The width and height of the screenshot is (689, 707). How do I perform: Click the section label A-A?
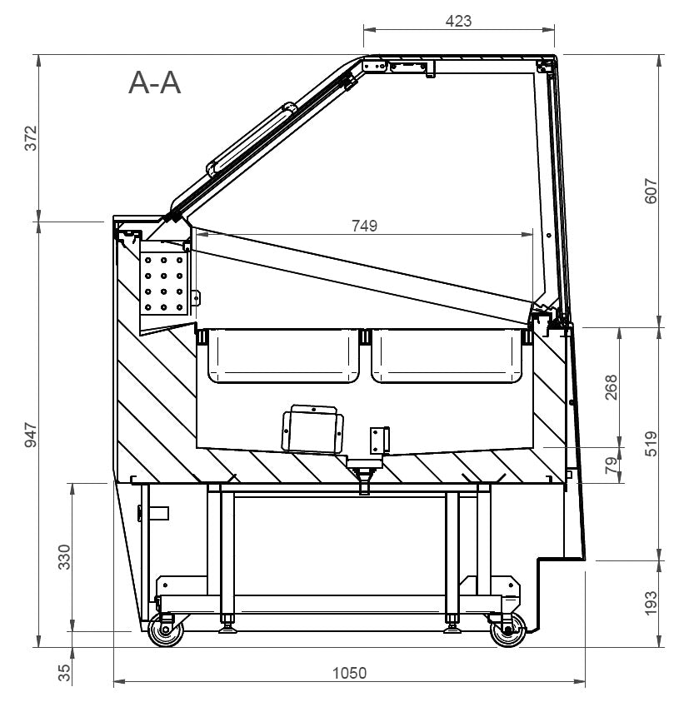point(154,83)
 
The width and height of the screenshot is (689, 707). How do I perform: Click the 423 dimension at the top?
point(458,21)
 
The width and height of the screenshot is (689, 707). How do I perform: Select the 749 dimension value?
point(365,226)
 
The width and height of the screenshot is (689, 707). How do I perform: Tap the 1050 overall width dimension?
point(349,673)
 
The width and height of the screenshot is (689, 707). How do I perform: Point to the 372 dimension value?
point(31,138)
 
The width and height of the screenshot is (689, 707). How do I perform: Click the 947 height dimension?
point(31,435)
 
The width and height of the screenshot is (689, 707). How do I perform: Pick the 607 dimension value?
point(651,191)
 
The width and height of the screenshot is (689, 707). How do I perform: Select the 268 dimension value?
point(611,387)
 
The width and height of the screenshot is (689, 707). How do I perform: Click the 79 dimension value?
point(611,465)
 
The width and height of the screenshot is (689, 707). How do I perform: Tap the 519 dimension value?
point(651,444)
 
